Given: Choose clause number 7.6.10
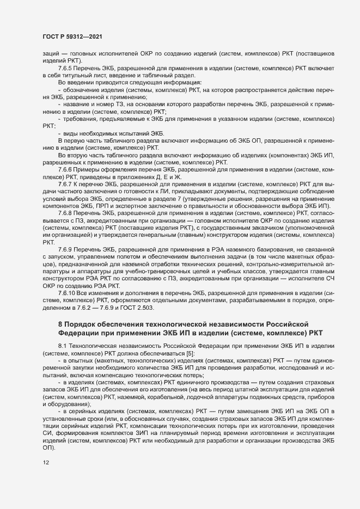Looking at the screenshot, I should pyautogui.click(x=68, y=309).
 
